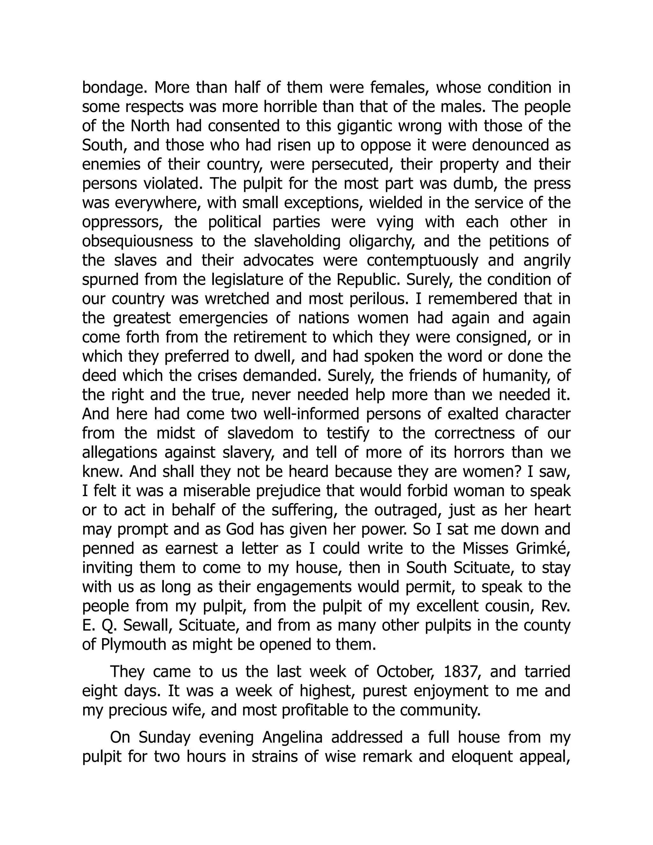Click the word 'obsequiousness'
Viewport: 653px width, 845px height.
137,241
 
